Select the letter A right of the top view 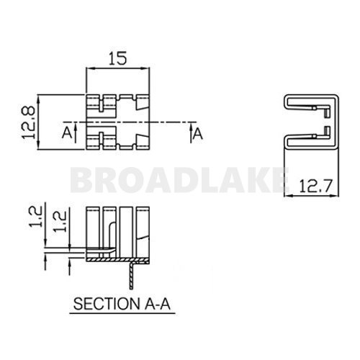tap(198, 133)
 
